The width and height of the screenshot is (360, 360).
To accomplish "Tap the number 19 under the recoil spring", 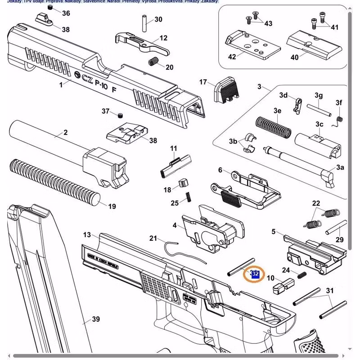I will point(112,207).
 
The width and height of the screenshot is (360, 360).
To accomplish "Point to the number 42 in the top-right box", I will point(232,57).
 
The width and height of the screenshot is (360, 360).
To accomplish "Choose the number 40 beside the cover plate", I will point(294,57).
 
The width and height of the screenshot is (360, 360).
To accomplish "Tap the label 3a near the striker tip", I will point(340,167).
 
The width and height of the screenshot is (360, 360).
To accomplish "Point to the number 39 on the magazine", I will point(95,319).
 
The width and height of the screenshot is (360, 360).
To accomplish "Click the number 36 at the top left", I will point(66,13).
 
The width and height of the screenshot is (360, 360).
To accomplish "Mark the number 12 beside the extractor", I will point(163,38).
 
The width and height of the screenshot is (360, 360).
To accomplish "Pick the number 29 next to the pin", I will point(339,240).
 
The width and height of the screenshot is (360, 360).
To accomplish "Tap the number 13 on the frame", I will point(87,235).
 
